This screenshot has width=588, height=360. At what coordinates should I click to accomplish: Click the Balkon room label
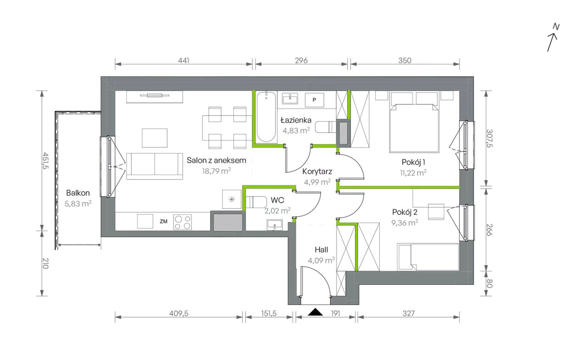point(78,193)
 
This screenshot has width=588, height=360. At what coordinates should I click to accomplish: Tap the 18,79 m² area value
point(216,171)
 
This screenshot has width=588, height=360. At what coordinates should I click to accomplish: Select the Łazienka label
point(296,120)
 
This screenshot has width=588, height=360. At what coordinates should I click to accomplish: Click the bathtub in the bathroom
point(266,117)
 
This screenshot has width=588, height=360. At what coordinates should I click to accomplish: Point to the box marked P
point(314,100)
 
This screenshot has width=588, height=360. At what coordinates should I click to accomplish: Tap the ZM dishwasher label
point(164,221)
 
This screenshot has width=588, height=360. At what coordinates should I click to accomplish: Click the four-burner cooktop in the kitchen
point(182,222)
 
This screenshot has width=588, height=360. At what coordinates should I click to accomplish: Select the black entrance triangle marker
point(315,312)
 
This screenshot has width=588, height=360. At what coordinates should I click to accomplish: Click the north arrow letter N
point(556,27)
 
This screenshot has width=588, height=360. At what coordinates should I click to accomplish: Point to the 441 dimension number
point(183,61)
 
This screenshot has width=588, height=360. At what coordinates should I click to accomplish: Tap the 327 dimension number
point(409,313)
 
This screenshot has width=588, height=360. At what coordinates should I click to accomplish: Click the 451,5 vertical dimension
point(45,161)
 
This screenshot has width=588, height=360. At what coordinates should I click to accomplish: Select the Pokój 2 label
point(405,212)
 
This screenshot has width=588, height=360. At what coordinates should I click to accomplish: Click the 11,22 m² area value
point(413,173)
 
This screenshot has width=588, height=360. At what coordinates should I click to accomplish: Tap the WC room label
point(277,200)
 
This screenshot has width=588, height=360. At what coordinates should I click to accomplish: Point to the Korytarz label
point(317,171)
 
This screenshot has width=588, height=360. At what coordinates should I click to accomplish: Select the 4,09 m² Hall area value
point(321,260)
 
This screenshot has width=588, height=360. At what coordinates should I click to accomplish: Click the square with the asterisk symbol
point(232,199)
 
